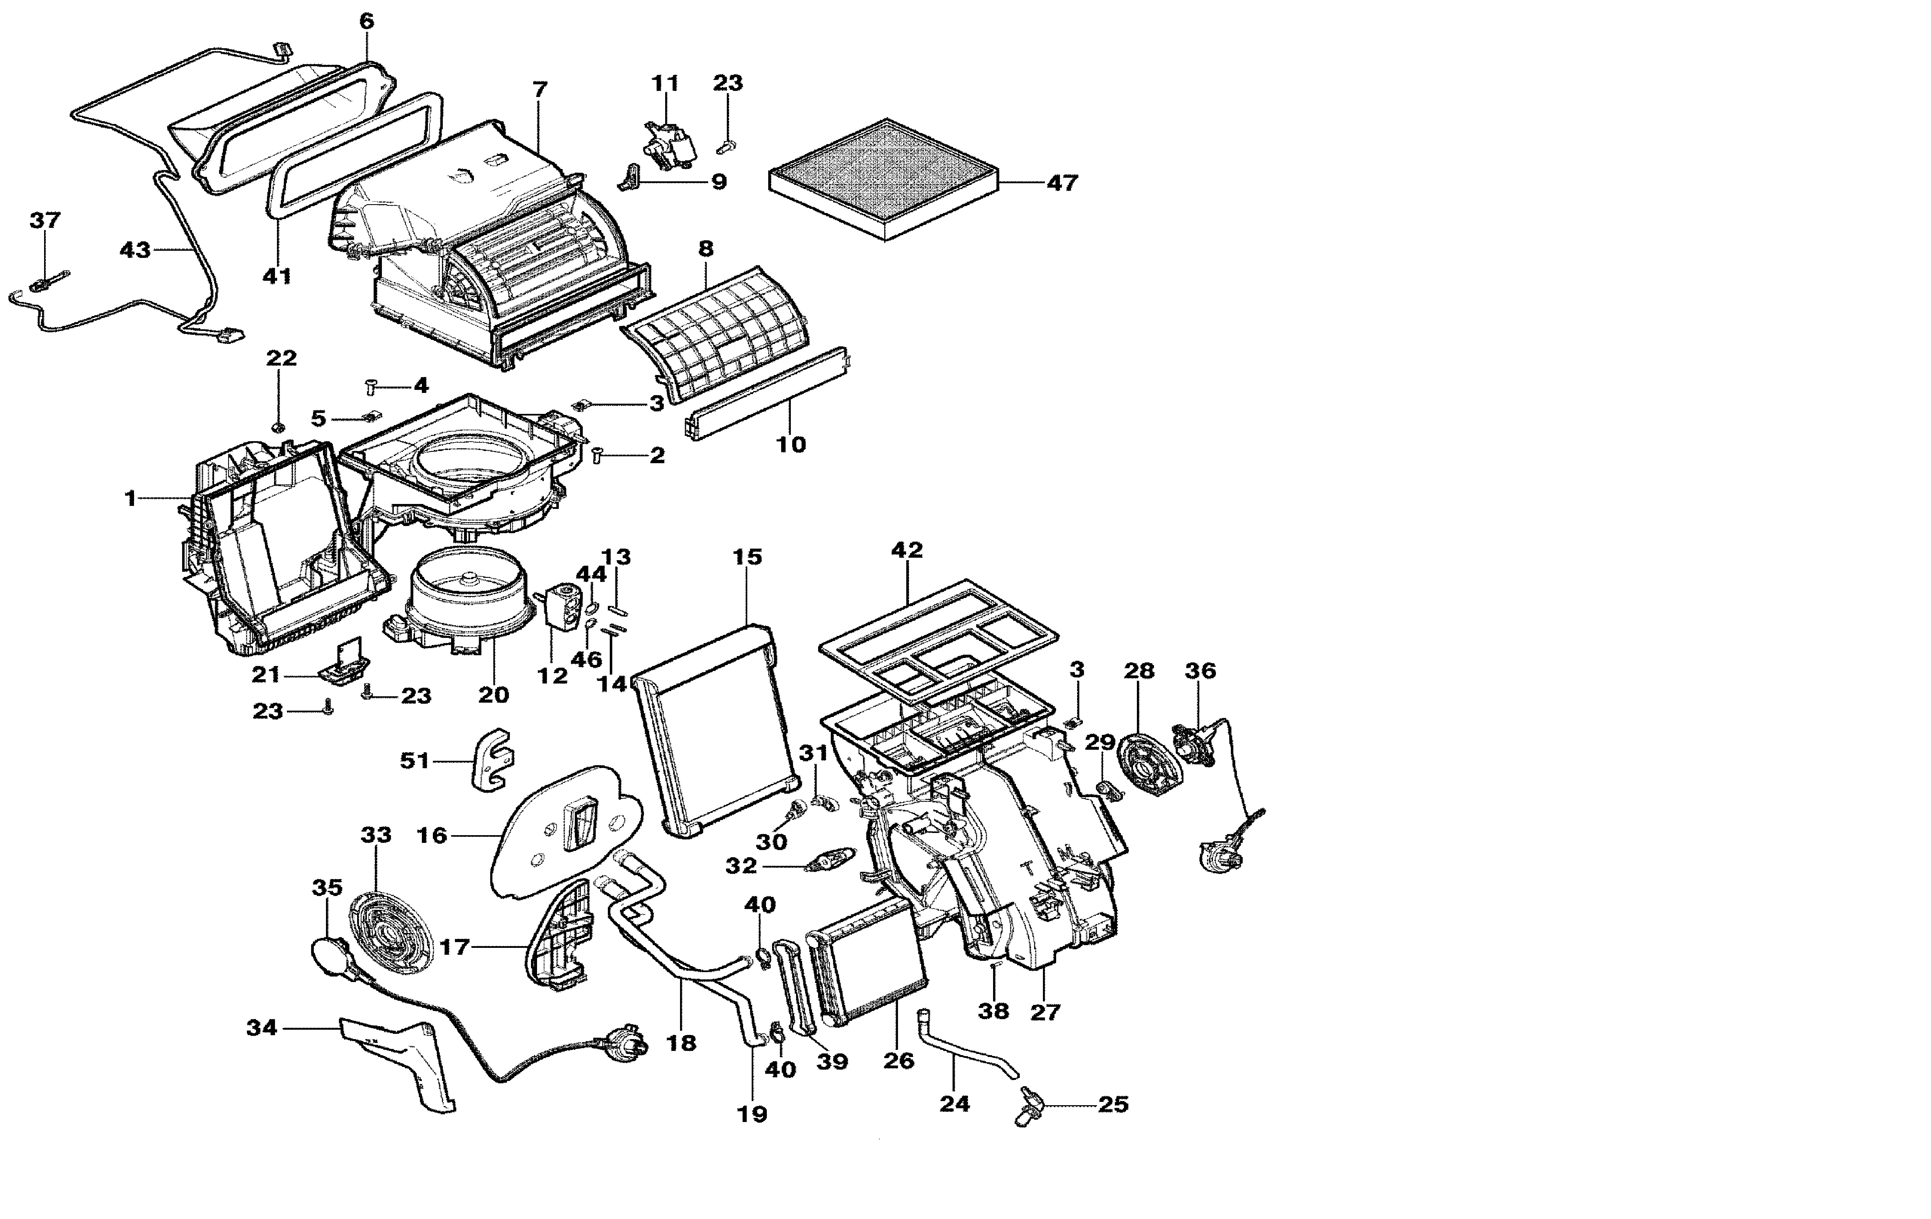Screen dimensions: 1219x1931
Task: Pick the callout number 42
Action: [x=907, y=550]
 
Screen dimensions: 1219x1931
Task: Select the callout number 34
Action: [x=261, y=1027]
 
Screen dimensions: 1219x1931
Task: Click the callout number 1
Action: [x=130, y=499]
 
